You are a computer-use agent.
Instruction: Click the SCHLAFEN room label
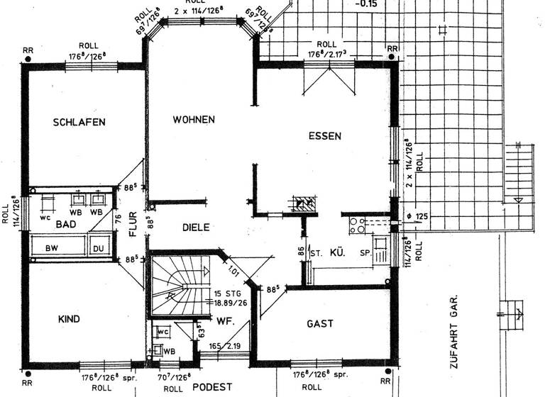[79, 122]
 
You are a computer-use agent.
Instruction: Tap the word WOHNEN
[194, 120]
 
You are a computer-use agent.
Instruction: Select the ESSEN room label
[325, 135]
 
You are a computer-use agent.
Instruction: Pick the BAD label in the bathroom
[65, 224]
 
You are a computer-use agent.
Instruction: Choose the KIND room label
[69, 320]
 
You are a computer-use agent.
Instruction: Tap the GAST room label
[319, 323]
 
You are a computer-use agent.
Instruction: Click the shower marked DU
[99, 249]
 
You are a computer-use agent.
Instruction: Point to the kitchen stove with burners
[356, 226]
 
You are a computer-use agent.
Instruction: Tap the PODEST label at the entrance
[212, 386]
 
